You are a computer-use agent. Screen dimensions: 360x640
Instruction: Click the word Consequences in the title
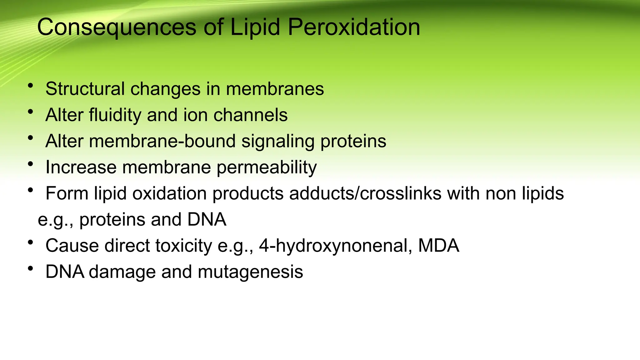(117, 27)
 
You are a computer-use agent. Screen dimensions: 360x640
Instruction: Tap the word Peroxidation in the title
(354, 27)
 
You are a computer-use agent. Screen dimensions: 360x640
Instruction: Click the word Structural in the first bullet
(85, 89)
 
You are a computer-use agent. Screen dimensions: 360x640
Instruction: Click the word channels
(250, 115)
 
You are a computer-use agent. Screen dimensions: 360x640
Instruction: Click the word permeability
(267, 167)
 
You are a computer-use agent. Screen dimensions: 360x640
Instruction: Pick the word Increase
(81, 167)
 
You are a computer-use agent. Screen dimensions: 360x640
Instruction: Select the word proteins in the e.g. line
(112, 219)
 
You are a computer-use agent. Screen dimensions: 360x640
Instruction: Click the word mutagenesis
(250, 272)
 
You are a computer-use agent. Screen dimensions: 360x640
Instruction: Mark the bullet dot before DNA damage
(30, 268)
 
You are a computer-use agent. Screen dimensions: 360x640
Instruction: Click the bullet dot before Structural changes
(30, 85)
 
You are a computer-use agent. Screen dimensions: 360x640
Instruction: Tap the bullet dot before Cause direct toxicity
(30, 242)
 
